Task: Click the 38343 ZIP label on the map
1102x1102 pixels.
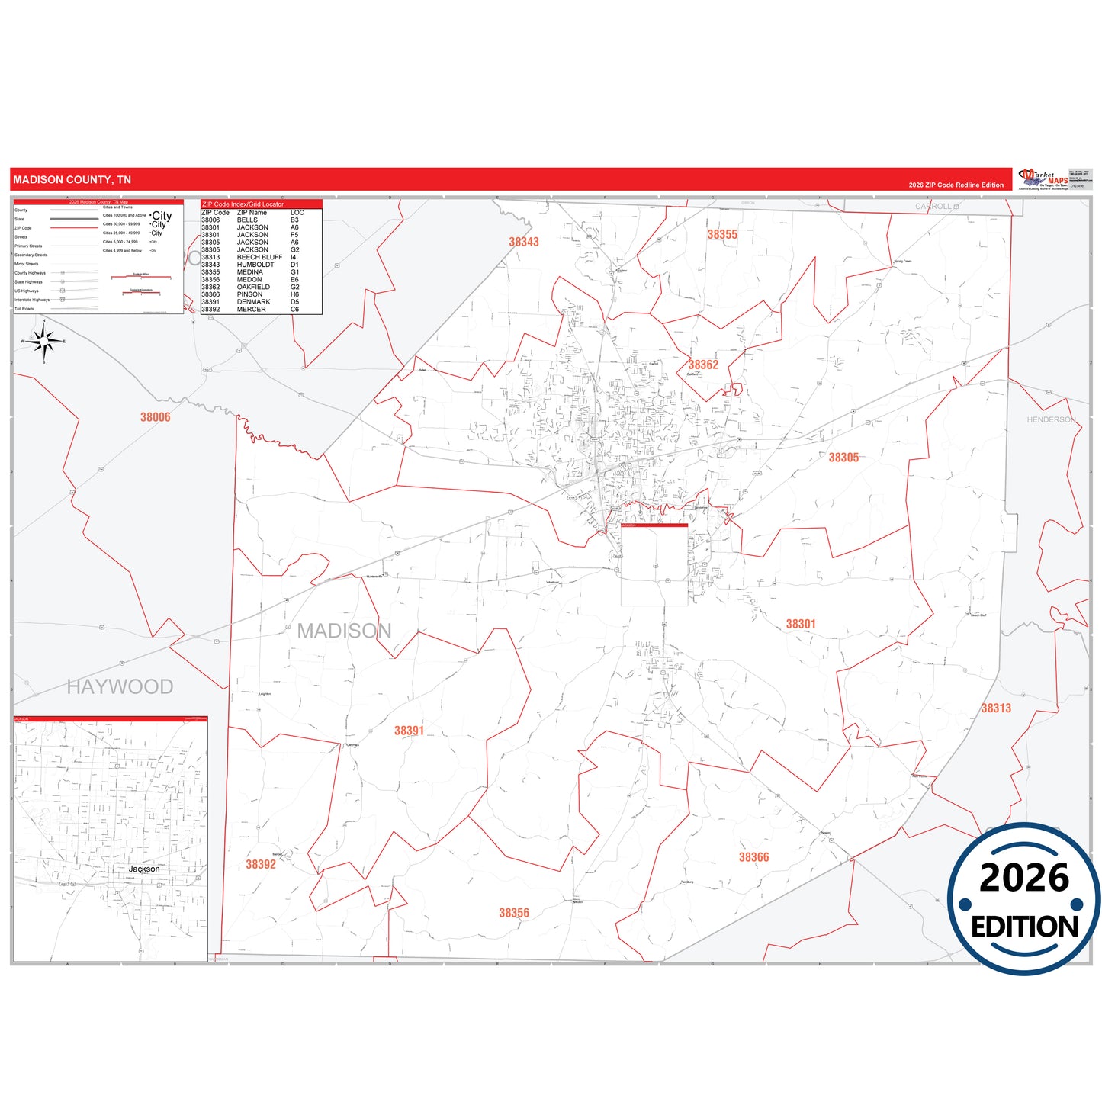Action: [524, 242]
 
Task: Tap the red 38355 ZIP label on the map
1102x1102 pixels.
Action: [722, 235]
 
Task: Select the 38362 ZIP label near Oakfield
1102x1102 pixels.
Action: [703, 365]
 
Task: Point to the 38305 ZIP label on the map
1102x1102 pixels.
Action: [843, 458]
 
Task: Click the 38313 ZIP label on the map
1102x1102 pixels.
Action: [996, 708]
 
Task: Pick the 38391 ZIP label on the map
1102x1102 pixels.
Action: [409, 731]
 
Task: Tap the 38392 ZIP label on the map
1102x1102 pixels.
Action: [261, 864]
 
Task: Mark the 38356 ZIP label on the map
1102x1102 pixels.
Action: [514, 913]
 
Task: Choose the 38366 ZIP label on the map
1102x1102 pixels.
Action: [753, 857]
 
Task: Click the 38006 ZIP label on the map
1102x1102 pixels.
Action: [156, 417]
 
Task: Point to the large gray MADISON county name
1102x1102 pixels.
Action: [344, 631]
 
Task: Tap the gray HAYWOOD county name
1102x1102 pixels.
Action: [120, 686]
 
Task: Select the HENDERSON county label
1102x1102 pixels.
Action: [1051, 419]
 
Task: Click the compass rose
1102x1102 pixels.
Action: [44, 341]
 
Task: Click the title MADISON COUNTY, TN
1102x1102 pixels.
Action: [72, 180]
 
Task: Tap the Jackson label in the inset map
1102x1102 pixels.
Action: [144, 869]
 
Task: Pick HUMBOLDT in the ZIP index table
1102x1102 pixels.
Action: [255, 265]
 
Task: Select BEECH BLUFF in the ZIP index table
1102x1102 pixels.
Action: [259, 257]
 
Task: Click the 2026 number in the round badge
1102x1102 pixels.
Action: [1024, 878]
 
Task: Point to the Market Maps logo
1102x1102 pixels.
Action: [1043, 179]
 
